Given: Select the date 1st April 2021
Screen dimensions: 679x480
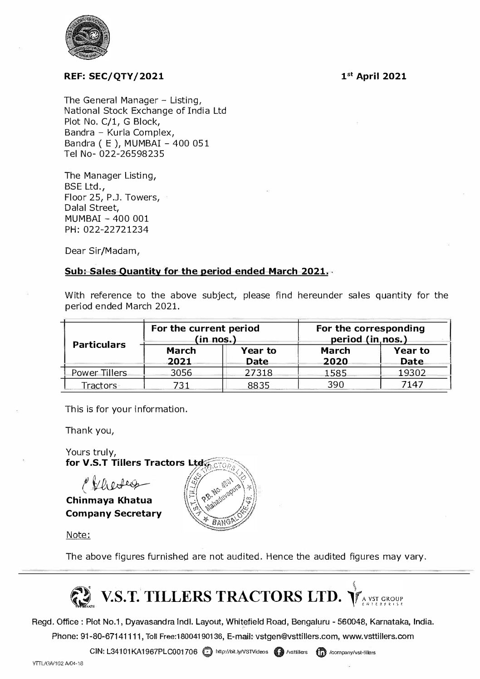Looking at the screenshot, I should pos(374,76).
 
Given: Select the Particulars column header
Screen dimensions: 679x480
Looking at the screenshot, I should pos(99,345).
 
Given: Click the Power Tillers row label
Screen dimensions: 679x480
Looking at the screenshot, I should pos(99,373).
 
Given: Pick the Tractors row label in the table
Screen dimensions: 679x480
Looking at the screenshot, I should pos(99,386).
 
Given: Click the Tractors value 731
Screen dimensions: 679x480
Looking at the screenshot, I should pos(181,386).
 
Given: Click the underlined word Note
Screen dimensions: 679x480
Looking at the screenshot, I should pos(78,535).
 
